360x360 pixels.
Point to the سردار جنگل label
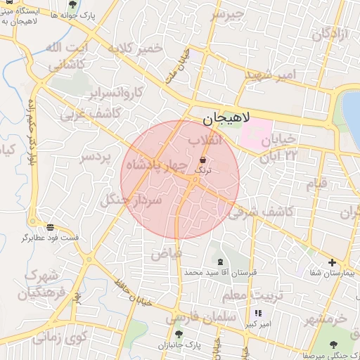coord(132,200)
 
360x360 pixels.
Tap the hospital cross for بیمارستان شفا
coord(332,262)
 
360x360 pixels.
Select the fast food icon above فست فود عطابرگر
coord(50,227)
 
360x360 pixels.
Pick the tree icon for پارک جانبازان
coord(179,334)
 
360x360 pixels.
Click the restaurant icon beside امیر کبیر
coord(258,313)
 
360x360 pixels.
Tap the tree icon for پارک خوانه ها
coord(72,4)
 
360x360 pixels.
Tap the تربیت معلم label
coord(246,294)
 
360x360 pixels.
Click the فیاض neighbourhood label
coord(167,252)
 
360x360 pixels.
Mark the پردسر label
coord(97,156)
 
